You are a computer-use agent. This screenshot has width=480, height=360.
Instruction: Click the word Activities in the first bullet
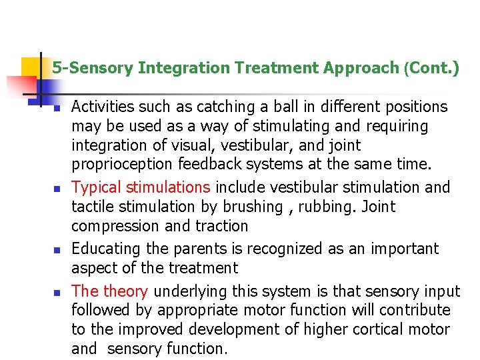pos(99,107)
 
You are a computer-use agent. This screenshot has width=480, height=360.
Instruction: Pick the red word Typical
pos(96,187)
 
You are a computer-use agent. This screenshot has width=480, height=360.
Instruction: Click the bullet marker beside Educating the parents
pos(57,250)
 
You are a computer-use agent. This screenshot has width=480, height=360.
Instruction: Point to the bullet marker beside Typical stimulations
pos(57,189)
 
